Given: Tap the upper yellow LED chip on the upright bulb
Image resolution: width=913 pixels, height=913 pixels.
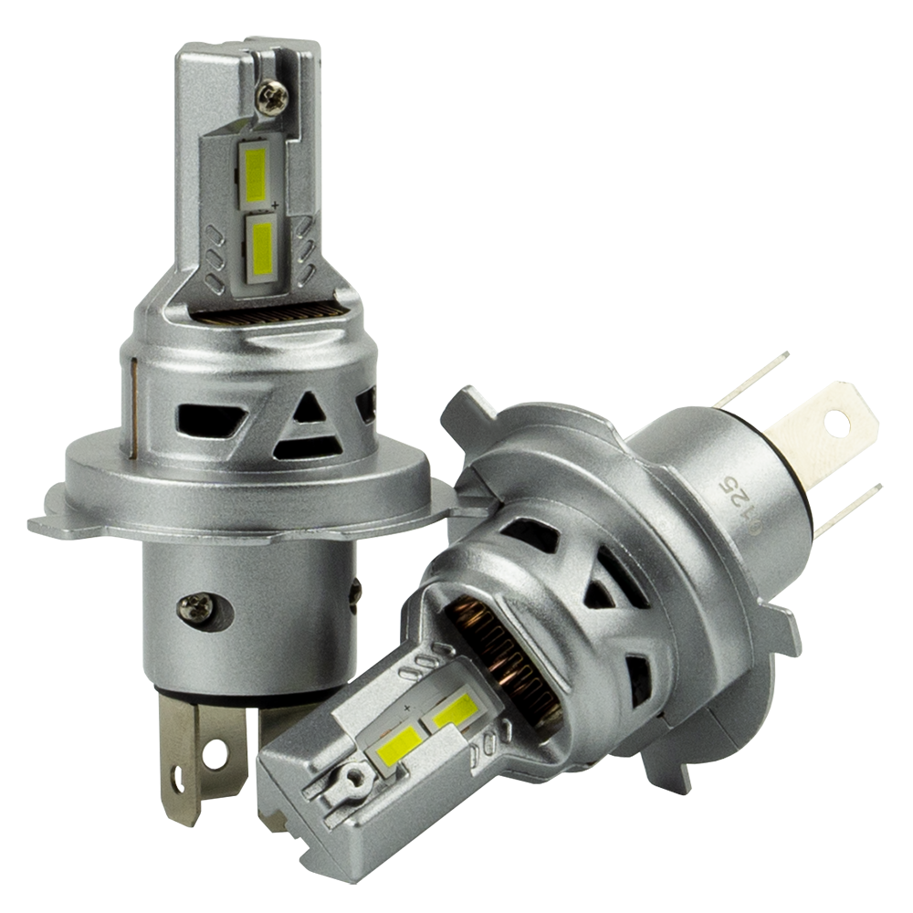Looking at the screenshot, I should point(257,174).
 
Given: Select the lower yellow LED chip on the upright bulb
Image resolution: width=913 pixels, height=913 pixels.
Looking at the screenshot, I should point(263,247).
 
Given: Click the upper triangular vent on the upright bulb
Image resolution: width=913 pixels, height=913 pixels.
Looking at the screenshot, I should point(309,408).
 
